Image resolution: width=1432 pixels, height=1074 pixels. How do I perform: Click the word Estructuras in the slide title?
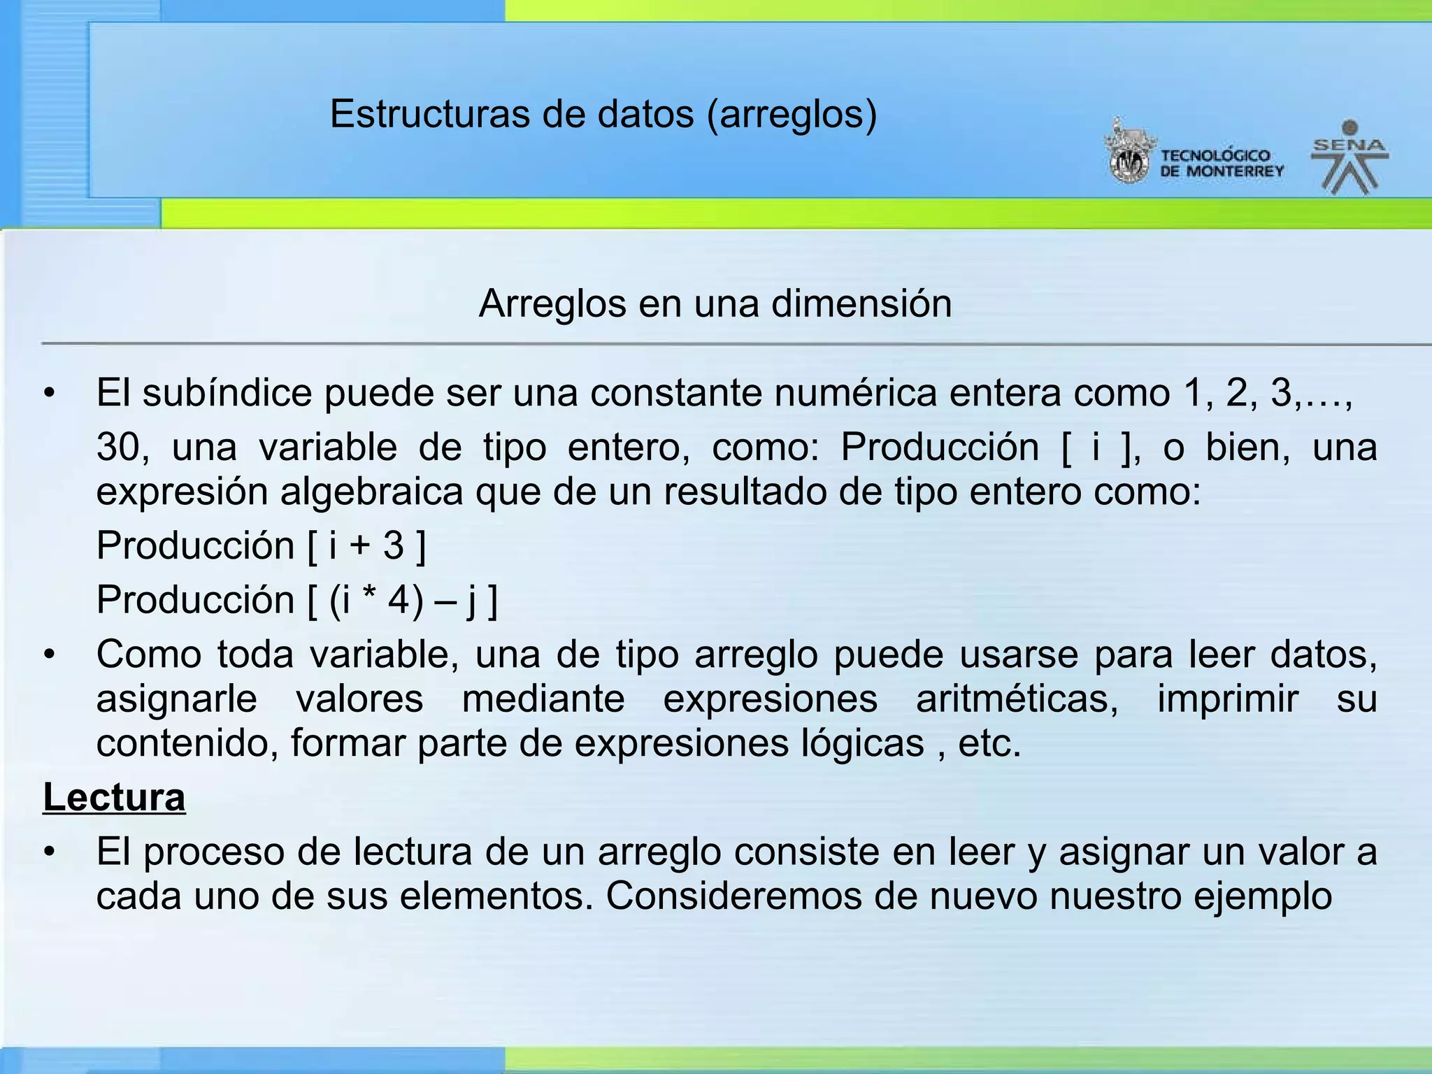pyautogui.click(x=429, y=114)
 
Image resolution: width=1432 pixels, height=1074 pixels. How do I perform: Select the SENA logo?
pyautogui.click(x=1349, y=158)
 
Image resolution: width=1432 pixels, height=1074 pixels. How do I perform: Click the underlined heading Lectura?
pyautogui.click(x=114, y=797)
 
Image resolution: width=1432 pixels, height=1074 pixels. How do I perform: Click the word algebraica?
pyautogui.click(x=372, y=492)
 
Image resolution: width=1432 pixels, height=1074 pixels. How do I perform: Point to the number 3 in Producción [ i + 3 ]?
pyautogui.click(x=394, y=546)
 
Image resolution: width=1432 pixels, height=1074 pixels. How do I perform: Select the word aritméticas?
pyautogui.click(x=1017, y=699)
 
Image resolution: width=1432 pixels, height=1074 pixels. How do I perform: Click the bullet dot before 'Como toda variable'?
pyautogui.click(x=48, y=656)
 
